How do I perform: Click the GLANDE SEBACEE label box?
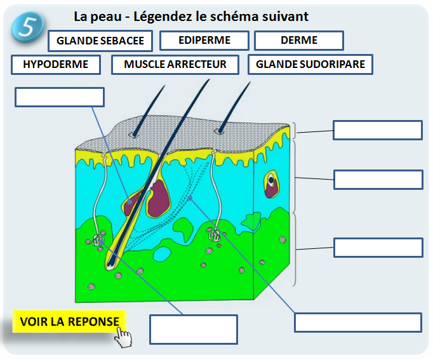pos(100,41)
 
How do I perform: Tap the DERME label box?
pos(298,41)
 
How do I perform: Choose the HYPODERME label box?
pos(55,64)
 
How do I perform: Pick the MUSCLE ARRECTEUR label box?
pos(175,64)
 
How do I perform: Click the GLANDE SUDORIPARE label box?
pos(310,64)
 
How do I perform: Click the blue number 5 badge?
pos(26,27)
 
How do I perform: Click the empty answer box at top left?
pos(59,97)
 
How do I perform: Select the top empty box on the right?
pos(377,130)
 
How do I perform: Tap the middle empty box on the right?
pos(378,179)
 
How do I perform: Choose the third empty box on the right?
pos(378,247)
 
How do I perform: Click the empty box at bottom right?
pos(358,321)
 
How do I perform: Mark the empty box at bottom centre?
pos(193,329)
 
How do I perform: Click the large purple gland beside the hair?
pos(158,198)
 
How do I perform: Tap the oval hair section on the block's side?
pos(272,182)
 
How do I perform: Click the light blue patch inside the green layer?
pos(162,255)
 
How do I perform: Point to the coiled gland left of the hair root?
pos(99,241)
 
